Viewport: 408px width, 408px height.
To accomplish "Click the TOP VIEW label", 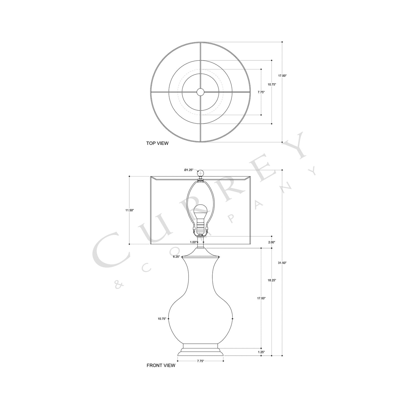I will click(x=157, y=143).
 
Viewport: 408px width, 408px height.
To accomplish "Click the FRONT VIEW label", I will click(x=161, y=365).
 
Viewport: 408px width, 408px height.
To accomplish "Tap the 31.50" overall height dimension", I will click(x=282, y=263).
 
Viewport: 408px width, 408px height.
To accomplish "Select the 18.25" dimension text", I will click(x=272, y=280).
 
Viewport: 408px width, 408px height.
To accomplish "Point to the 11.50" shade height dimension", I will click(x=130, y=210).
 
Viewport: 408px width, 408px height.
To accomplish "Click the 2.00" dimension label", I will click(x=272, y=242).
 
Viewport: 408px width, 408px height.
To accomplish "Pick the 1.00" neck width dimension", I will click(x=193, y=242).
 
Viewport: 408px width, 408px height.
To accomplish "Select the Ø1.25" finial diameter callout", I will click(x=189, y=170).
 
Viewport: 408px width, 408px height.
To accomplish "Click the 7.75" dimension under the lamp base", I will click(x=200, y=361).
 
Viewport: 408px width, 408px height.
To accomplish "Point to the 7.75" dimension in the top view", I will click(x=261, y=92).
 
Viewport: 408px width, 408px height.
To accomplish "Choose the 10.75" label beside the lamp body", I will click(x=162, y=319).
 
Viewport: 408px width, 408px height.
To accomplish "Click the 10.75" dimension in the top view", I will click(x=272, y=84).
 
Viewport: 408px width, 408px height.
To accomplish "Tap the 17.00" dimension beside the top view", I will click(x=282, y=76).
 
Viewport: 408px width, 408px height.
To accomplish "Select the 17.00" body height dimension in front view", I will click(x=261, y=298).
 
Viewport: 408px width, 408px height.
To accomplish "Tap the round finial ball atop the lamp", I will click(x=200, y=173).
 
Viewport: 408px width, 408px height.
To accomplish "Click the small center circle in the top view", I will click(x=200, y=92).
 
